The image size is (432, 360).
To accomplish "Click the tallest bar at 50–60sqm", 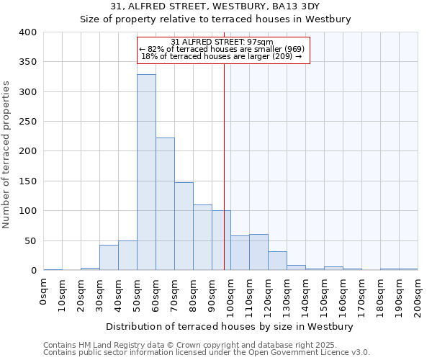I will (x=146, y=173).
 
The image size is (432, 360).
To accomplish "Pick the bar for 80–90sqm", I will (x=202, y=238).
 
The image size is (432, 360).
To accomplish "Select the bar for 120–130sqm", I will (x=277, y=261).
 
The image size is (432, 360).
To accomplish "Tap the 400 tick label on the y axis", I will (x=28, y=32).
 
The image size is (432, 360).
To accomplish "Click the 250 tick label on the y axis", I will (x=28, y=122).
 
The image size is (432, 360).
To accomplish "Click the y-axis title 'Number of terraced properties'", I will (x=7, y=154).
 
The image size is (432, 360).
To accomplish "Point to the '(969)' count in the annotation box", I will (x=294, y=49).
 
